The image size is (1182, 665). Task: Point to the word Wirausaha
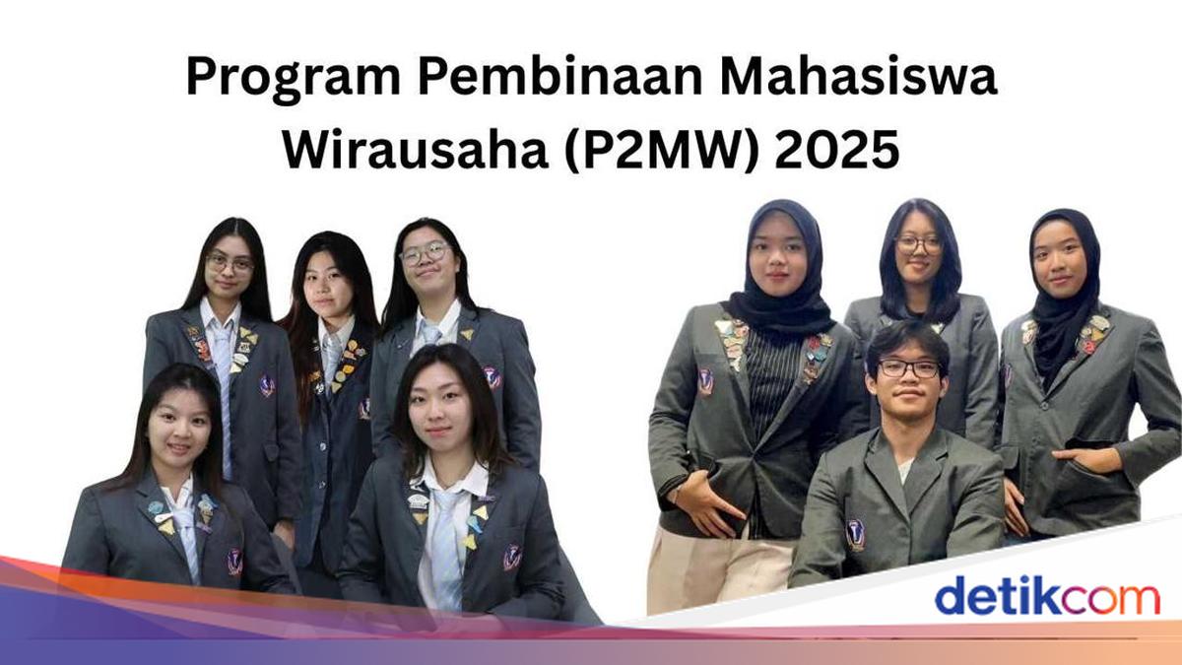click(x=416, y=151)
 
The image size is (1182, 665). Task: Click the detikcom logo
click(x=1047, y=595)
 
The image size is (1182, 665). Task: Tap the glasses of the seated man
click(x=908, y=368)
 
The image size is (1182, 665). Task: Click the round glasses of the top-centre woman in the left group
click(x=426, y=253)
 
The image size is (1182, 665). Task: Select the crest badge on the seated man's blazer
click(x=854, y=534)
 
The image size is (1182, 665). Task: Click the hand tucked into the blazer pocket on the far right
click(x=1088, y=460)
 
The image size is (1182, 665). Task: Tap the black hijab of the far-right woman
click(x=1066, y=296)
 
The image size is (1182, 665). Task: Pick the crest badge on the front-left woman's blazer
click(x=234, y=563)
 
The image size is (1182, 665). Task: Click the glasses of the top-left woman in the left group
click(x=230, y=263)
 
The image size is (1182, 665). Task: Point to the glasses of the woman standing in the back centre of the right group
click(x=919, y=244)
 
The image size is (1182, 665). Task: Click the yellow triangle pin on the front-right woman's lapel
click(x=481, y=512)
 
